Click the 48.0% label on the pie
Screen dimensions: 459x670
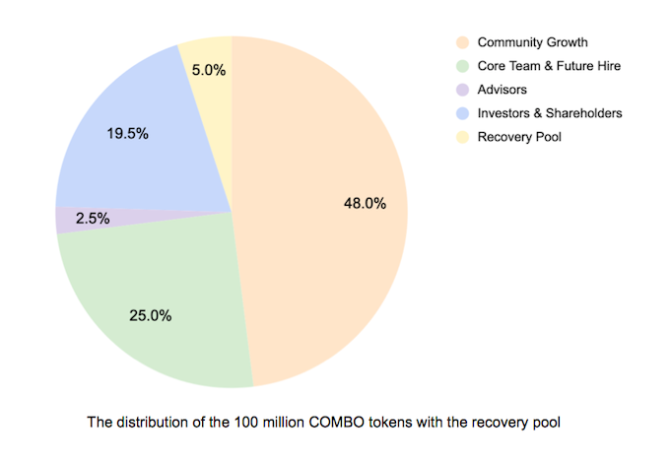coord(364,204)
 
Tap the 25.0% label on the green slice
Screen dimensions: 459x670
coord(151,316)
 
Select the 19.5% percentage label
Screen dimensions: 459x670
coord(127,133)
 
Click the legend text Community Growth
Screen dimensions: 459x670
coord(532,42)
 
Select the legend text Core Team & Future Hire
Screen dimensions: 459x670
coord(549,66)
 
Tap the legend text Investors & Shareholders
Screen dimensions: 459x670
coord(549,113)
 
